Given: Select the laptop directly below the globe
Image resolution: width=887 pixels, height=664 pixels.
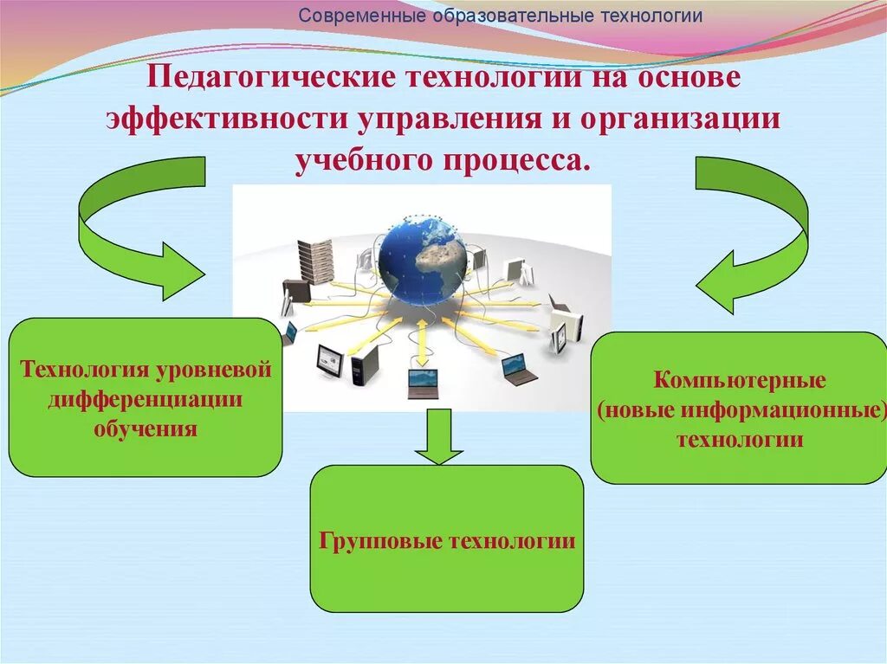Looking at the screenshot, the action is tap(424, 382).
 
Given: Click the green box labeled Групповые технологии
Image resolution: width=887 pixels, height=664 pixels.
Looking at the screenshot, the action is tap(446, 538).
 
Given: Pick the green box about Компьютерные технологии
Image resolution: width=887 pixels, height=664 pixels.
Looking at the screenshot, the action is tap(738, 408).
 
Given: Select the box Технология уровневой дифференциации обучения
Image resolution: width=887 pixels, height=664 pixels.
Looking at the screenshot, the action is tap(146, 397).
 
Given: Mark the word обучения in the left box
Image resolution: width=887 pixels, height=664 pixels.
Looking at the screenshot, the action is tap(146, 428).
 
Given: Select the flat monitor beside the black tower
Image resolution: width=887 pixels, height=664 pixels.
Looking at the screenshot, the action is tap(330, 359).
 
